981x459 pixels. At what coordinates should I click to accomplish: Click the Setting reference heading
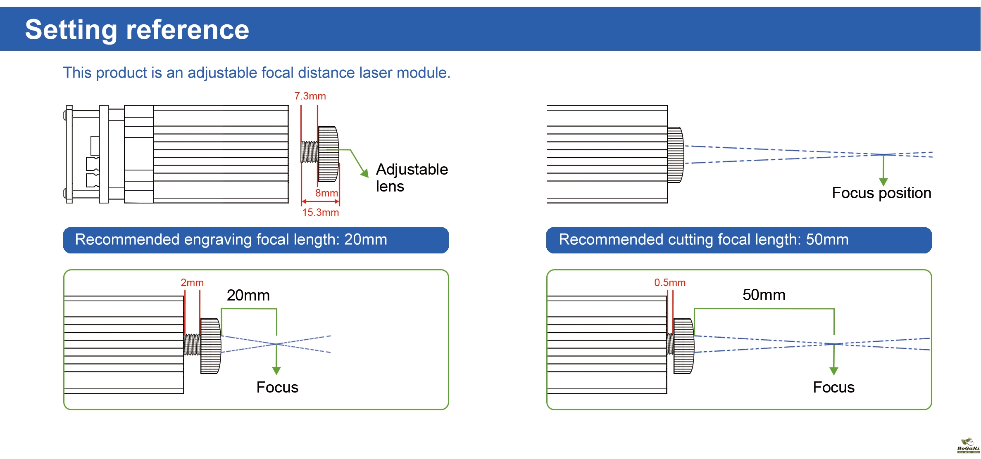(137, 30)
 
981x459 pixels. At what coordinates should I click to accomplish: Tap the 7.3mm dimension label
(310, 96)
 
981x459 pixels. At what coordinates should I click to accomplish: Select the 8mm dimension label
(326, 193)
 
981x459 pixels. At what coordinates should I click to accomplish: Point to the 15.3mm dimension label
(320, 213)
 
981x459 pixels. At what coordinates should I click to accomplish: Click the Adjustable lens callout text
(412, 177)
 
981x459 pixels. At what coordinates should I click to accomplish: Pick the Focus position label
(881, 193)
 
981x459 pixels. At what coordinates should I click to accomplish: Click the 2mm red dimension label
(192, 283)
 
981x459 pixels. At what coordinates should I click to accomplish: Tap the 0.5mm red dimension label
(669, 283)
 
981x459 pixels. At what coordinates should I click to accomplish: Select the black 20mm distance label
(248, 295)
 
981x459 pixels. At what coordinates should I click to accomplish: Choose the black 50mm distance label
(764, 295)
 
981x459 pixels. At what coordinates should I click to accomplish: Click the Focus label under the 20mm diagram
(277, 387)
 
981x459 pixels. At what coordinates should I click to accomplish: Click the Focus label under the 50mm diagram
(833, 387)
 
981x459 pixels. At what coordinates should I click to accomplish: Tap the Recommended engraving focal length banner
(256, 240)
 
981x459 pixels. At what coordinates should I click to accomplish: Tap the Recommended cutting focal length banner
(738, 240)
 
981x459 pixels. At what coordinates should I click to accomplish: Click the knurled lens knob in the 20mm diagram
(211, 346)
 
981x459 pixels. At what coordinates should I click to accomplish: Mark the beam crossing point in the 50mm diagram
(834, 344)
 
